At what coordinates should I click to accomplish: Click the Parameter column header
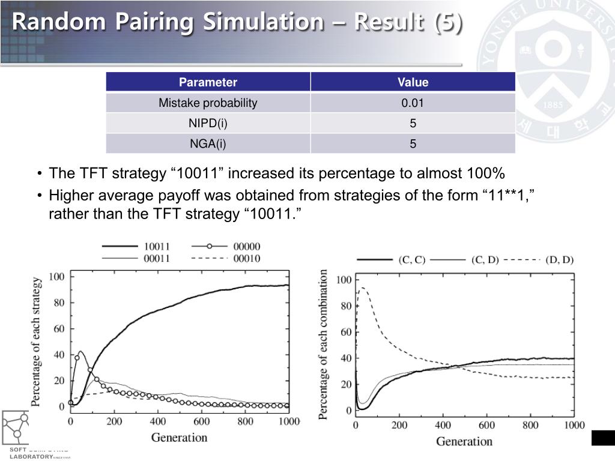tap(208, 82)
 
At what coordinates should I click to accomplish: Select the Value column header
tap(413, 82)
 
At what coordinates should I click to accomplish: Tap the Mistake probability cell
tap(208, 103)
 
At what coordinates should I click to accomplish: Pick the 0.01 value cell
tap(413, 103)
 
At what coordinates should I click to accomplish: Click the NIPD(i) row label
tap(208, 124)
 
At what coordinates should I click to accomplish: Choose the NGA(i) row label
tap(208, 144)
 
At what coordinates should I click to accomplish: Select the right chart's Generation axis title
tap(464, 442)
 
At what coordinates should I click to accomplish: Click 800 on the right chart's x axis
tap(530, 426)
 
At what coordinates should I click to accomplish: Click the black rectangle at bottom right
tap(603, 438)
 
